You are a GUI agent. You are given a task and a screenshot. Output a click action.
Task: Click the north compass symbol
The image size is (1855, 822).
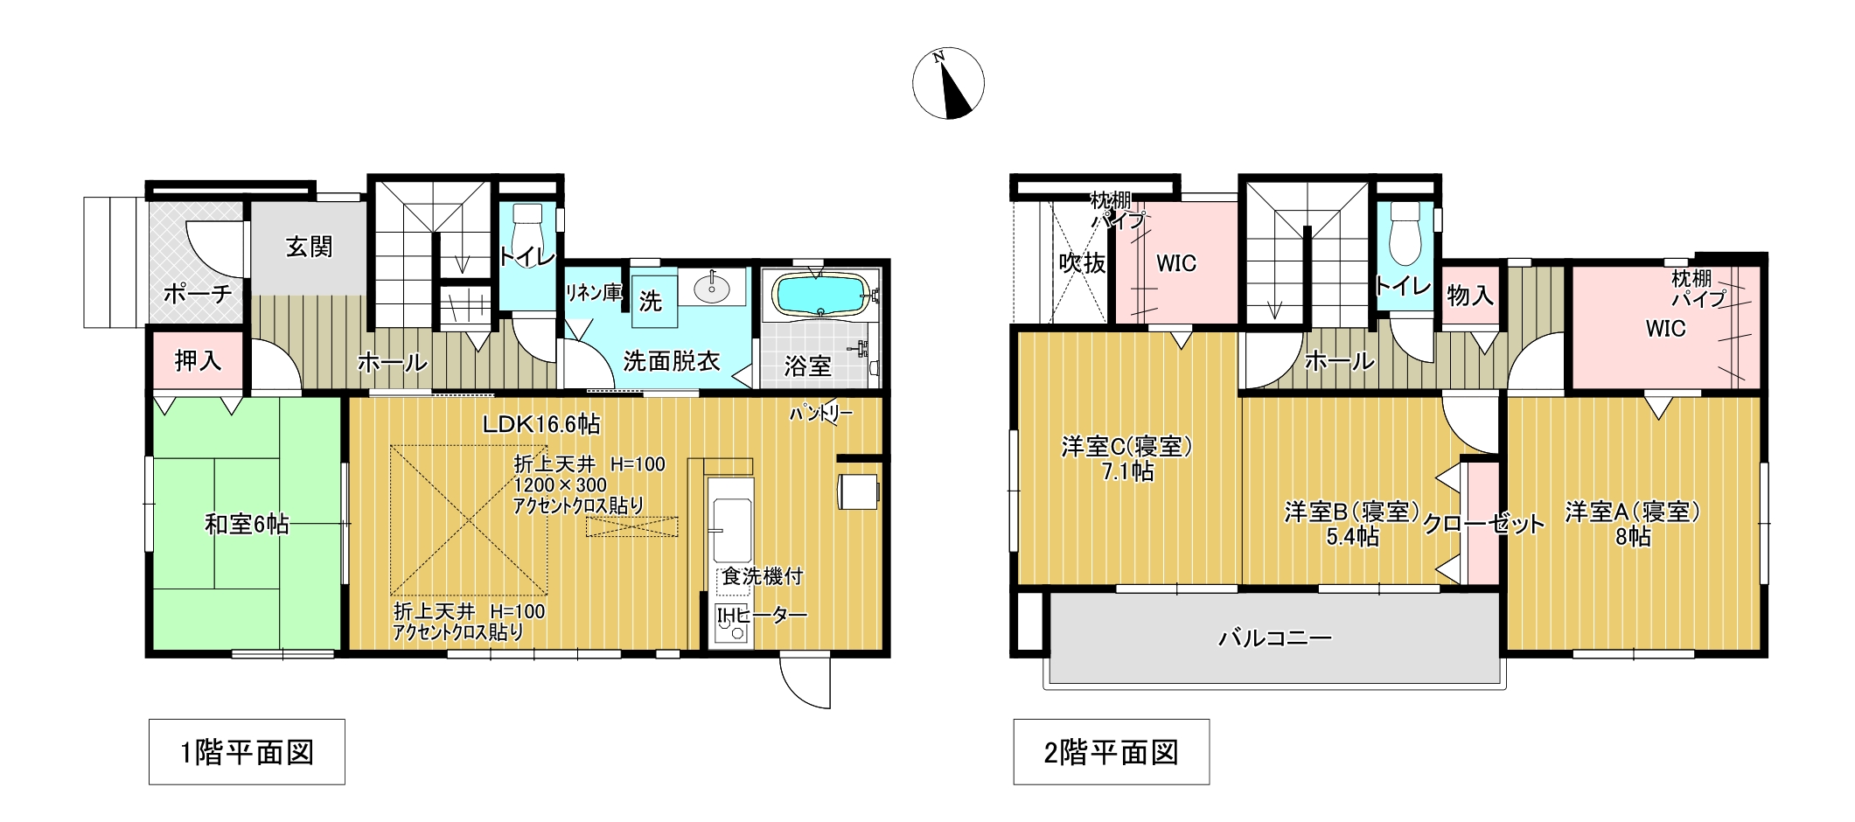click(x=948, y=83)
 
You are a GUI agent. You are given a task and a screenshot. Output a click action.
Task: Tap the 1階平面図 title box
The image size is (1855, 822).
click(x=247, y=752)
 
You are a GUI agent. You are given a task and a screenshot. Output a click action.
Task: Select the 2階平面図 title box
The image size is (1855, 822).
click(x=1111, y=752)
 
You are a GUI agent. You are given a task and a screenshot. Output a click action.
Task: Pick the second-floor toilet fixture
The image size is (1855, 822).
click(x=1405, y=233)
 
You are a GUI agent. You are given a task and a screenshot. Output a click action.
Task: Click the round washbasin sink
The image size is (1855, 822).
click(x=713, y=287)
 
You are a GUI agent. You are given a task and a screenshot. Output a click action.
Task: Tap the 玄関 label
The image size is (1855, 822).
click(x=309, y=247)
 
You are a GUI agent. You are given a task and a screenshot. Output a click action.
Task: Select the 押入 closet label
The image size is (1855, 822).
click(x=198, y=360)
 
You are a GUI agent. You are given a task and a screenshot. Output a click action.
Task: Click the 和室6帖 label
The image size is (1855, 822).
click(x=247, y=524)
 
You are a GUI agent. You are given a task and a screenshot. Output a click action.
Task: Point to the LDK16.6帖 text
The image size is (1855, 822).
click(x=541, y=424)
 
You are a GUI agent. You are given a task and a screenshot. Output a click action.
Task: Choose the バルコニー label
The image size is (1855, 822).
click(x=1275, y=638)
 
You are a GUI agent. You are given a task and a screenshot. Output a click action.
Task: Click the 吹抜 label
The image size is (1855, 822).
click(x=1083, y=262)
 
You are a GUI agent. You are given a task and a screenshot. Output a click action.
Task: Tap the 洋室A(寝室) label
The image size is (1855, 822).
click(x=1633, y=512)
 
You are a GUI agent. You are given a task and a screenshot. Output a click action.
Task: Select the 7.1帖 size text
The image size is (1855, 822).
click(x=1127, y=472)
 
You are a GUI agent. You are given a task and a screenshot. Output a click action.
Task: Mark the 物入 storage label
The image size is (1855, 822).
click(x=1469, y=296)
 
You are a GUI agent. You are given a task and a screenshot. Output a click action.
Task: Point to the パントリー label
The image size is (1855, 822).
click(x=820, y=413)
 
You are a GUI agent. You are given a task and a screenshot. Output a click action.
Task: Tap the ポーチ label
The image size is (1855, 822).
click(x=198, y=293)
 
